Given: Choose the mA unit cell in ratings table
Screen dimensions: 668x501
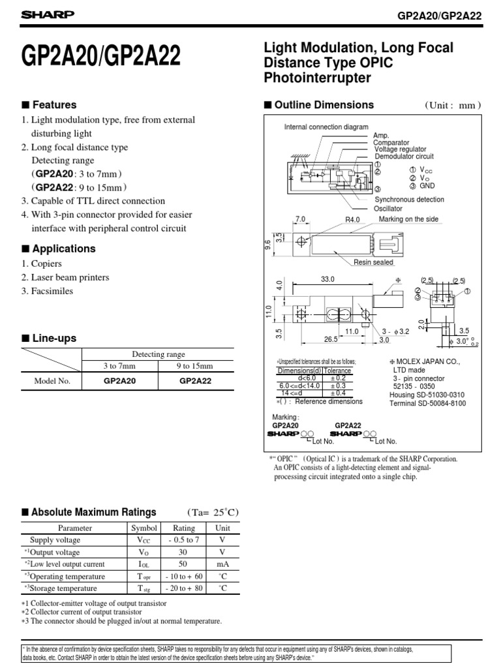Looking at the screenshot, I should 223,564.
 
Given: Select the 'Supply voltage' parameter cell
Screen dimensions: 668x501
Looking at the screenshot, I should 55,540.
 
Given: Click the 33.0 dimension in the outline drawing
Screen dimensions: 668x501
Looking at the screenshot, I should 327,279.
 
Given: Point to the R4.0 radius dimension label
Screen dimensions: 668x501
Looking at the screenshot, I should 353,220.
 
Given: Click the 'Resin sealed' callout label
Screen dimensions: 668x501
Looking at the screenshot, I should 373,262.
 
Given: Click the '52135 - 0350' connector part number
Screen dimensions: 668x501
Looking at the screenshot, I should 416,386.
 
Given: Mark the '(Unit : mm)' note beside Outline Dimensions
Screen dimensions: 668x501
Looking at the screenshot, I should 453,106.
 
